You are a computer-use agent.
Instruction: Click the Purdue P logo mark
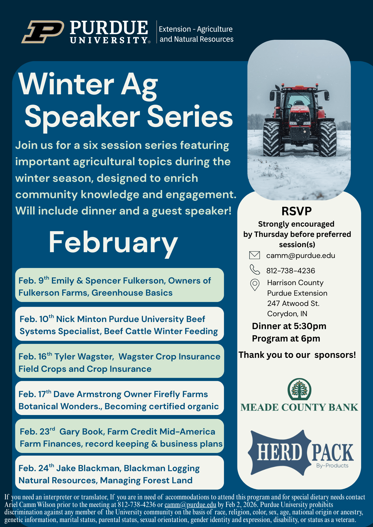[43, 32]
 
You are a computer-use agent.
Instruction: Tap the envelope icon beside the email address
[255, 255]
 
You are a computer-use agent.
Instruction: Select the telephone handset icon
[255, 270]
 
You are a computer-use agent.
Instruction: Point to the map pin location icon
[255, 285]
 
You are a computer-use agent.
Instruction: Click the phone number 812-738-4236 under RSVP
[291, 271]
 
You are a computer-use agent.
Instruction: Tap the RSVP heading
[297, 211]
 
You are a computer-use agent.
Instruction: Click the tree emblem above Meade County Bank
[299, 389]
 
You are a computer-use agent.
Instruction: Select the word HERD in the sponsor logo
[279, 452]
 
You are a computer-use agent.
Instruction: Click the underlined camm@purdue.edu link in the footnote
[190, 505]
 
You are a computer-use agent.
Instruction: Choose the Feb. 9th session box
[119, 285]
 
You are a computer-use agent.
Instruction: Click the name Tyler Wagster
[84, 357]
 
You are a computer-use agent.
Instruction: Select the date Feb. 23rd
[37, 431]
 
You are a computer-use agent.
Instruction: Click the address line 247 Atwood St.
[293, 304]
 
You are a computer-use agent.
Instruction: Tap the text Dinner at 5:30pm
[289, 326]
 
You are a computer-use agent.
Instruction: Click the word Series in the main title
[190, 117]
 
